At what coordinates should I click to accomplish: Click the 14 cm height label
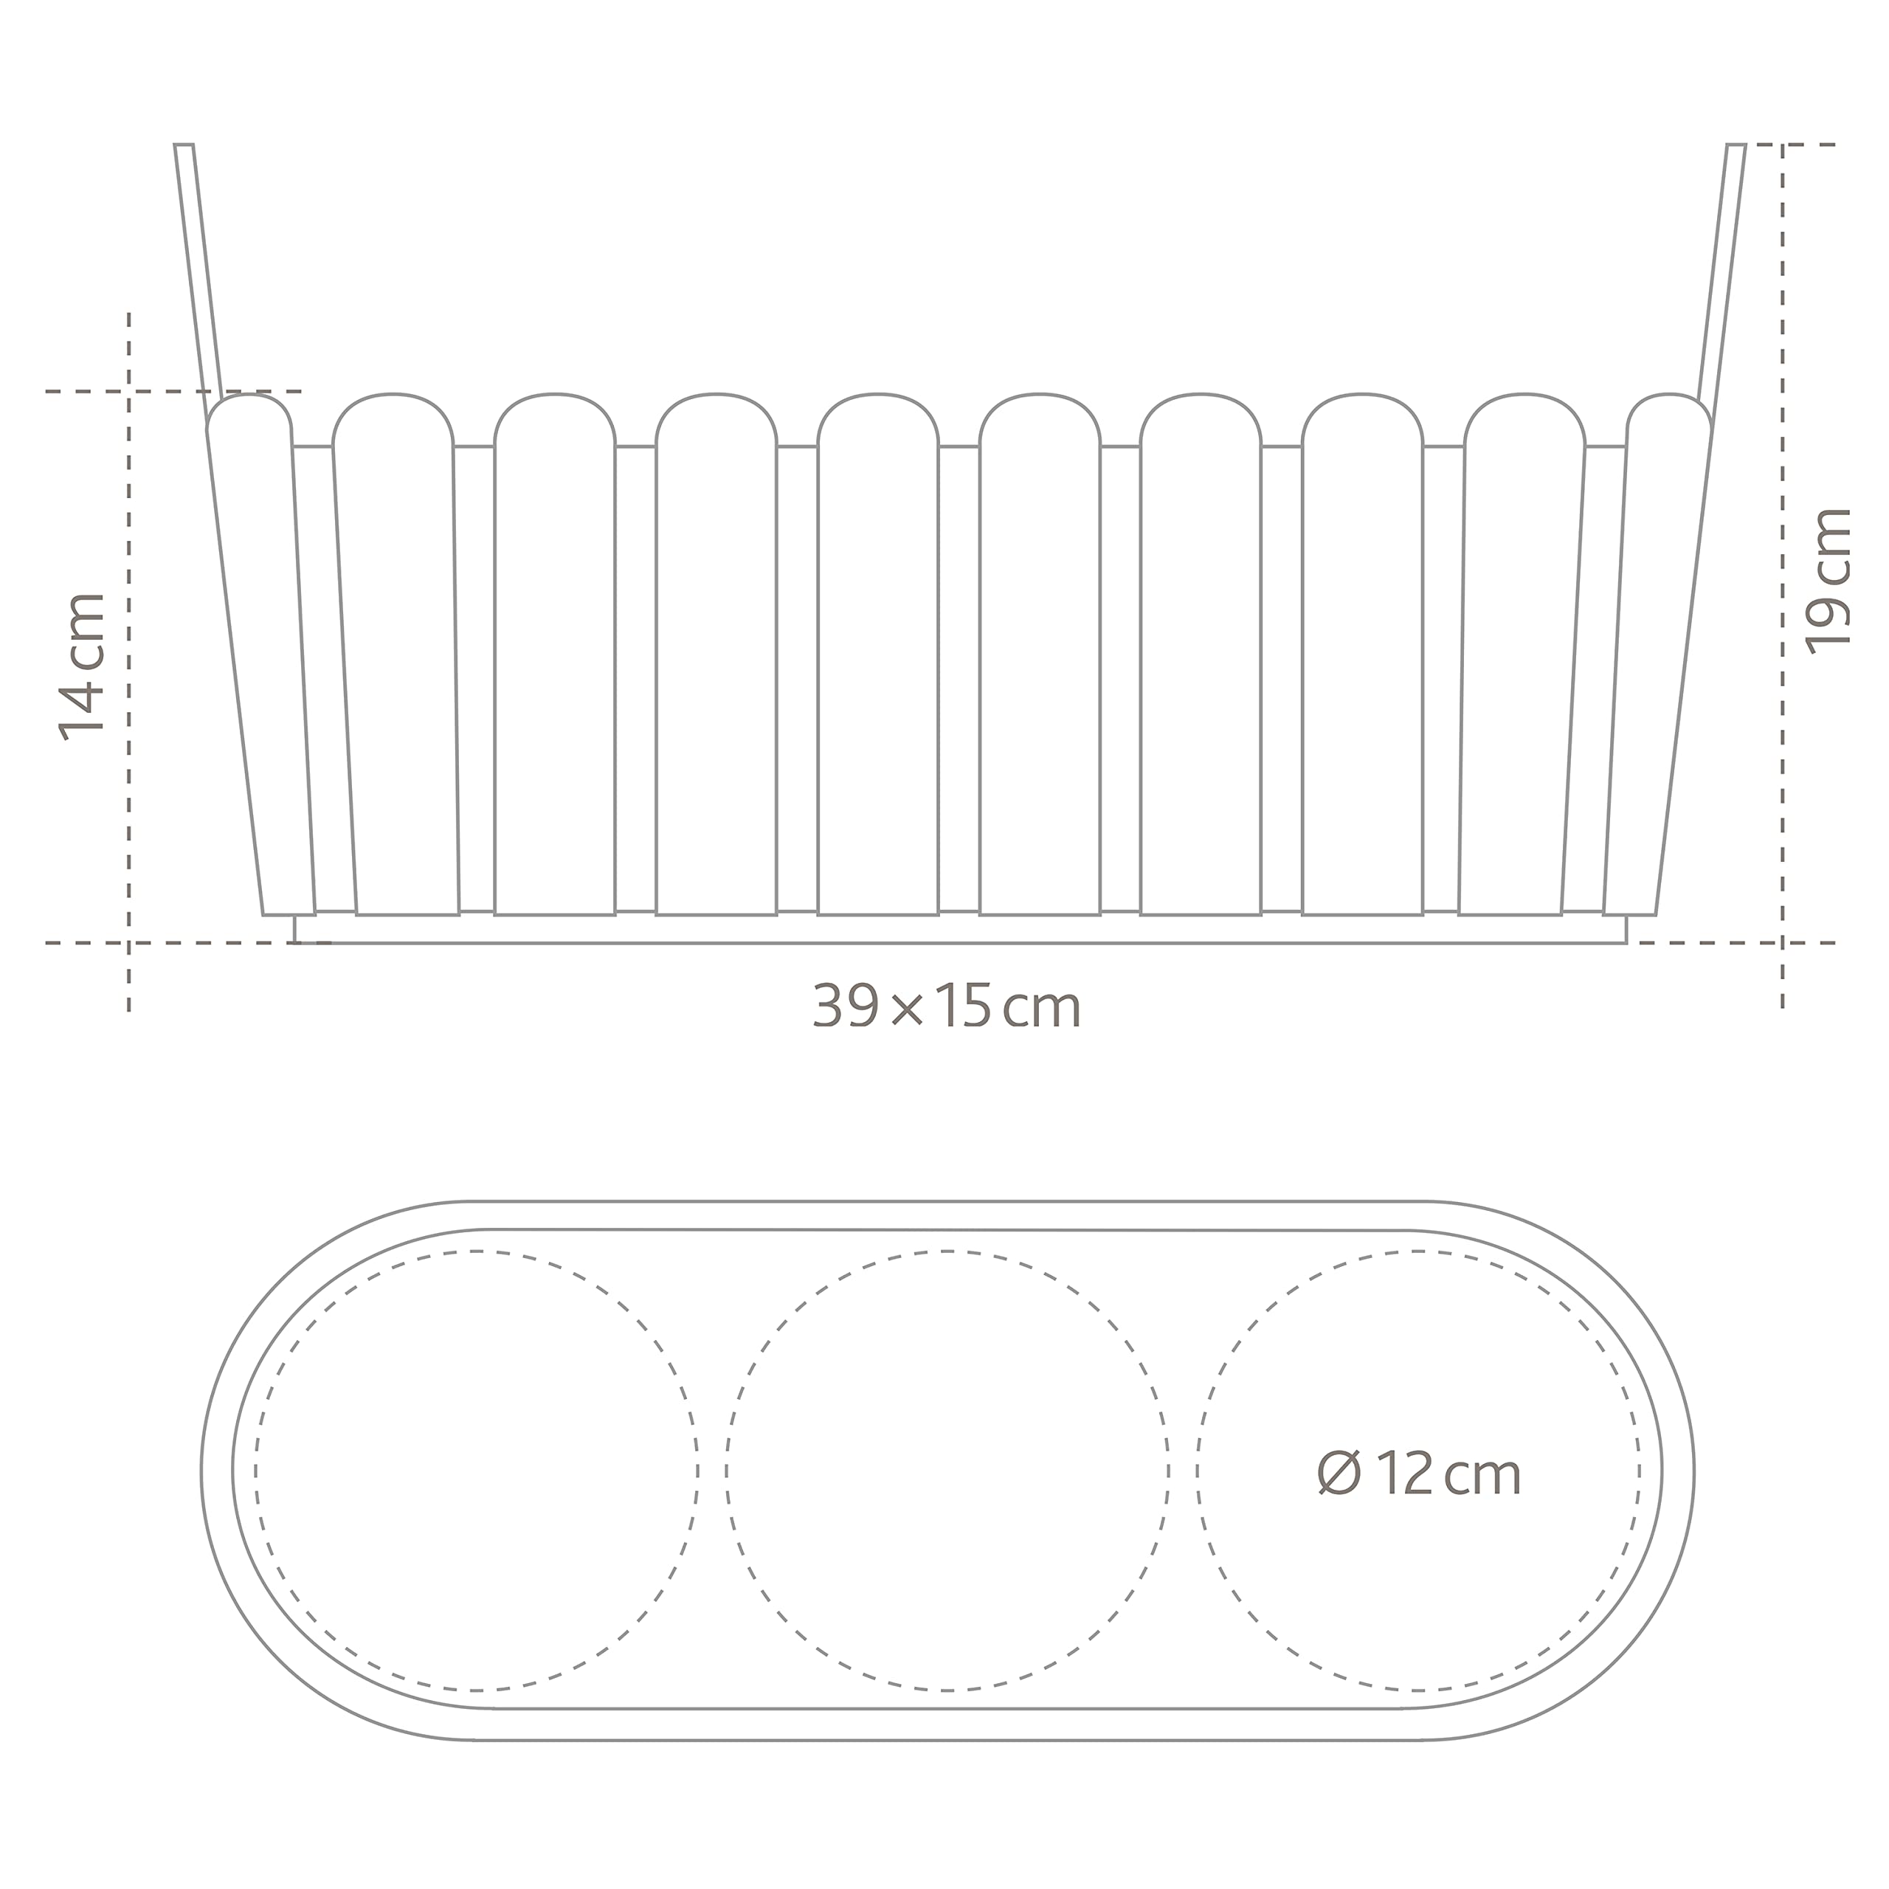(82, 666)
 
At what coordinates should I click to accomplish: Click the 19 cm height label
(1828, 581)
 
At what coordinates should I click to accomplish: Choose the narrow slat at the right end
(1658, 655)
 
